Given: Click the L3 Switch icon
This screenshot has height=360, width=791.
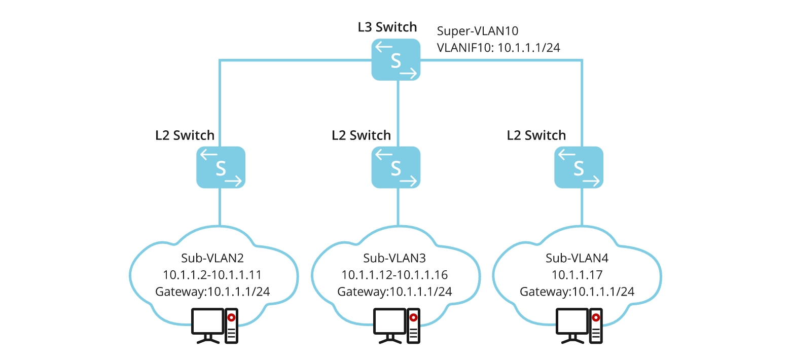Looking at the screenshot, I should pos(395,60).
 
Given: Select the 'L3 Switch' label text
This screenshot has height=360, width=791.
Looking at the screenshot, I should pos(387,27).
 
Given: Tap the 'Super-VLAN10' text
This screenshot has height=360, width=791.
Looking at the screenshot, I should pos(477,31).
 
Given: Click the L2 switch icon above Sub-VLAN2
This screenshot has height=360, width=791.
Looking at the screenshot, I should pos(221,167).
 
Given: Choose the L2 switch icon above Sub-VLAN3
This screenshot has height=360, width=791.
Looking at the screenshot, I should pos(395,167).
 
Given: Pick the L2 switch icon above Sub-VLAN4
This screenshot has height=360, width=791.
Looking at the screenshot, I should pos(579,167).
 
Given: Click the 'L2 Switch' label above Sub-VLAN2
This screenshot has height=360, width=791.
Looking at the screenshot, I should pos(185,135).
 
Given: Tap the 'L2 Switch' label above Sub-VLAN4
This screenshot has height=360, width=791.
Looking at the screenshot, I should pos(536,135).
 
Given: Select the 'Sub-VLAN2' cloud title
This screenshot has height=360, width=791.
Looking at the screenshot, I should pos(212,258).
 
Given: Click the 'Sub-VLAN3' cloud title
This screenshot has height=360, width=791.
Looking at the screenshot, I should pos(394,258).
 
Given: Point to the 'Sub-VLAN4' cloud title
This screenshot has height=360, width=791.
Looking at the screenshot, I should pos(577,258).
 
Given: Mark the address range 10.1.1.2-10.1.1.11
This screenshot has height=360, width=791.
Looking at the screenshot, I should pos(212,275).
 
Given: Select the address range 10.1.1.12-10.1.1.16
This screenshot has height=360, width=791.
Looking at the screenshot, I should pos(394,275).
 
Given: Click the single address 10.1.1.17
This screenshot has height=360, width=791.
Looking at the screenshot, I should pos(577,275).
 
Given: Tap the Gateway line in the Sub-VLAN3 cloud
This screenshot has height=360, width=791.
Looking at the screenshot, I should pos(394,292).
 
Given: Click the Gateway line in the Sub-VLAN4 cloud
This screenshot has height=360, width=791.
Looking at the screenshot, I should pos(577,292).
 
